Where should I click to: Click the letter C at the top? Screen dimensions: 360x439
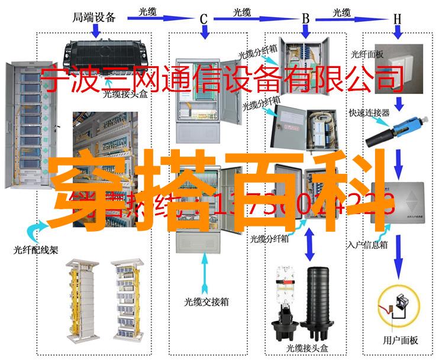coord(203,20)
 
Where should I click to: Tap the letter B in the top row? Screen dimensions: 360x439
coord(306,19)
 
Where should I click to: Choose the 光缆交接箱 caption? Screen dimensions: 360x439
coord(205,302)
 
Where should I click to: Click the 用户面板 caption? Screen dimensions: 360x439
coord(401,340)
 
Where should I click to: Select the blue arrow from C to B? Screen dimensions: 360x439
coord(254,19)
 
